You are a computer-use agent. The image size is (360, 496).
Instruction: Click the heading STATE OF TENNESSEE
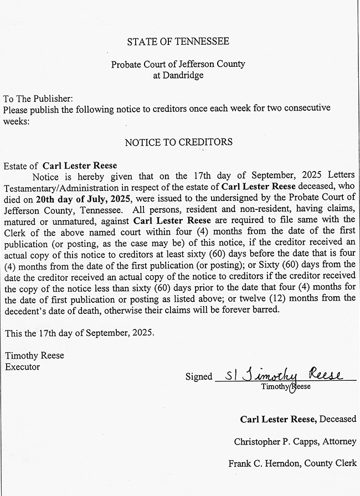178,42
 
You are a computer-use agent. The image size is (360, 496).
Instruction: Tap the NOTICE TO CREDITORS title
178,142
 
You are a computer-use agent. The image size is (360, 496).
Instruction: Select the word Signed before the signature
199,377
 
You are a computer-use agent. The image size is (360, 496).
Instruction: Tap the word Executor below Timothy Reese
22,366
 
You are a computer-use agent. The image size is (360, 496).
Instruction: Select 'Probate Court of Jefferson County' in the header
178,64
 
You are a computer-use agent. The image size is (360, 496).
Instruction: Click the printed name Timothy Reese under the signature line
286,386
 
